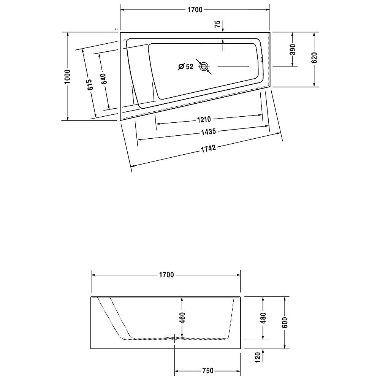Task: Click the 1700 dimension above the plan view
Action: [195, 10]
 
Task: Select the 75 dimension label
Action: [217, 24]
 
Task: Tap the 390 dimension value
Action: [293, 49]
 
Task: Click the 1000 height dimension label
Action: [67, 76]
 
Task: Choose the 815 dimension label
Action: [89, 84]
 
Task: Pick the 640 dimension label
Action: [104, 78]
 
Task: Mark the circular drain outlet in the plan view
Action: [204, 67]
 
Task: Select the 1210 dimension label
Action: [204, 120]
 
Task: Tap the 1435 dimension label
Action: [209, 132]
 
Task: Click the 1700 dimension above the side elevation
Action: [166, 275]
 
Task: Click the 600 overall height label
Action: [285, 322]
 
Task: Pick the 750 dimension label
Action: [207, 370]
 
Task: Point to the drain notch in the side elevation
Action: [174, 337]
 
